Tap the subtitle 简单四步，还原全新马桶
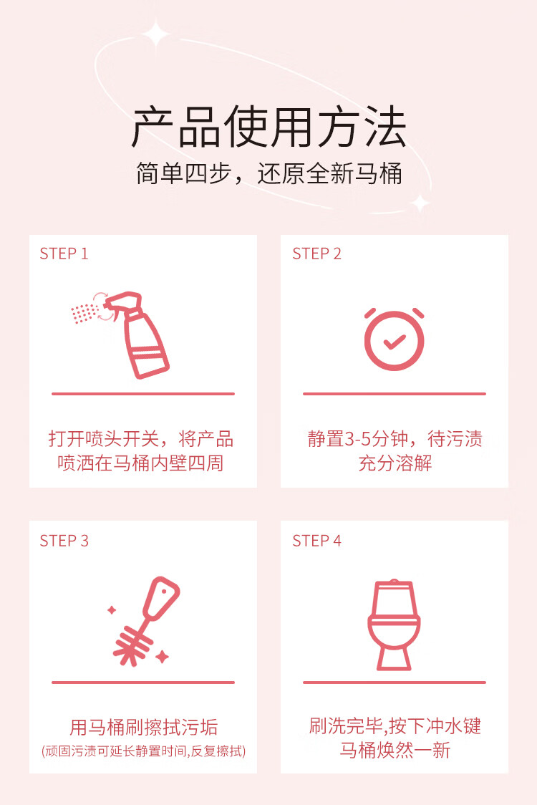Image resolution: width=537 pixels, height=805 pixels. [x=268, y=173]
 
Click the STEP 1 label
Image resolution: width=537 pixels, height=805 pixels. [x=64, y=254]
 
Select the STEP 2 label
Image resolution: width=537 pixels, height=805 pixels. [x=316, y=254]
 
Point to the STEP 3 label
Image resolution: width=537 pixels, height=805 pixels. [x=64, y=541]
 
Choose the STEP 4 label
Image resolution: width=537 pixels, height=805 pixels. [x=316, y=541]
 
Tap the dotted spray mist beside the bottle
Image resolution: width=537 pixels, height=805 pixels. [x=84, y=313]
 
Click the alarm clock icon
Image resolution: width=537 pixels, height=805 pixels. [x=395, y=339]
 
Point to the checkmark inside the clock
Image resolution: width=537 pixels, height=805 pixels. [x=395, y=342]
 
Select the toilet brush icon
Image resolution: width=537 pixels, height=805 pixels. [x=146, y=621]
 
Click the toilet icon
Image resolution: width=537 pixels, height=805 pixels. [x=394, y=625]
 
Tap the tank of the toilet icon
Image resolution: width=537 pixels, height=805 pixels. [x=394, y=598]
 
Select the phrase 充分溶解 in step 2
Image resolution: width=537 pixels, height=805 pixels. [x=395, y=463]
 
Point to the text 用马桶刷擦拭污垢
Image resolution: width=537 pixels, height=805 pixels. [x=144, y=727]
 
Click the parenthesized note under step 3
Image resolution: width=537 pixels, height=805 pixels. [x=143, y=751]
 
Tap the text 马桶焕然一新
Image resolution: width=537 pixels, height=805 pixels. [x=395, y=750]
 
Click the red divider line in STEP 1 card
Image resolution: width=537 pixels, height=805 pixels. [x=143, y=394]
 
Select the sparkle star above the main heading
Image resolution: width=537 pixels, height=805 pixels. [x=155, y=34]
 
